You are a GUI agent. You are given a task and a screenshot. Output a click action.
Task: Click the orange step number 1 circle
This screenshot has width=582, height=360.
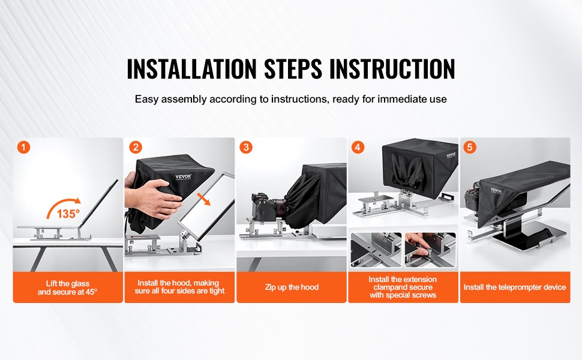(23, 148)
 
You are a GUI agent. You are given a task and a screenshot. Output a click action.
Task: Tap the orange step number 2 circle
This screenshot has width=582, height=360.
(136, 148)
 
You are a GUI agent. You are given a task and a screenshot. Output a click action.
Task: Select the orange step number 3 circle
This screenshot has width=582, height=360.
(246, 148)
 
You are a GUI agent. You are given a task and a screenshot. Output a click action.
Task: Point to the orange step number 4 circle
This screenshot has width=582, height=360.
(358, 148)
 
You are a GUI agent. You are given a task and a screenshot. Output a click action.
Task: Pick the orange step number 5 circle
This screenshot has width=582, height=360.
(470, 148)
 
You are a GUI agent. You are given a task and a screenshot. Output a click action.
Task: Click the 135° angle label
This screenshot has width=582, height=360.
(68, 214)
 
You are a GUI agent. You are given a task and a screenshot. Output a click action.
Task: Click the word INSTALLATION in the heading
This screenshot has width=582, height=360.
(191, 68)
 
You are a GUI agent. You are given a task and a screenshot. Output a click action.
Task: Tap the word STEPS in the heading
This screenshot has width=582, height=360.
(293, 68)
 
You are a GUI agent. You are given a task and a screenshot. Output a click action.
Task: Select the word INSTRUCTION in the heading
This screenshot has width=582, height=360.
(392, 68)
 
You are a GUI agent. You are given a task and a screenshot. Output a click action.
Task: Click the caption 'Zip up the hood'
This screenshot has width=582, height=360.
(292, 287)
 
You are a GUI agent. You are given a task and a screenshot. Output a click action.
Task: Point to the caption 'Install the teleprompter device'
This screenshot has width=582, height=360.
(515, 287)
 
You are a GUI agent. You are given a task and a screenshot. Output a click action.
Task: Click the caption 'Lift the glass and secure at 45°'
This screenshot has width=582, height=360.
(67, 287)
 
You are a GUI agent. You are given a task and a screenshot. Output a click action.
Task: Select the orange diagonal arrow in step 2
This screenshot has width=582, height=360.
(203, 199)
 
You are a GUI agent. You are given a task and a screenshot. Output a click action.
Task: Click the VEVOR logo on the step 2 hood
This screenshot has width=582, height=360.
(184, 176)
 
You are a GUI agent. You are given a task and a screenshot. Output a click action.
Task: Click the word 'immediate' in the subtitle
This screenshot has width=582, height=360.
(402, 99)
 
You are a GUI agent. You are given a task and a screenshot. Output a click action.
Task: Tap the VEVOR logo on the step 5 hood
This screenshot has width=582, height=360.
(496, 191)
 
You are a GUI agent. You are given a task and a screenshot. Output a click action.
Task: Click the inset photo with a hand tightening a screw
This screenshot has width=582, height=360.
(430, 250)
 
